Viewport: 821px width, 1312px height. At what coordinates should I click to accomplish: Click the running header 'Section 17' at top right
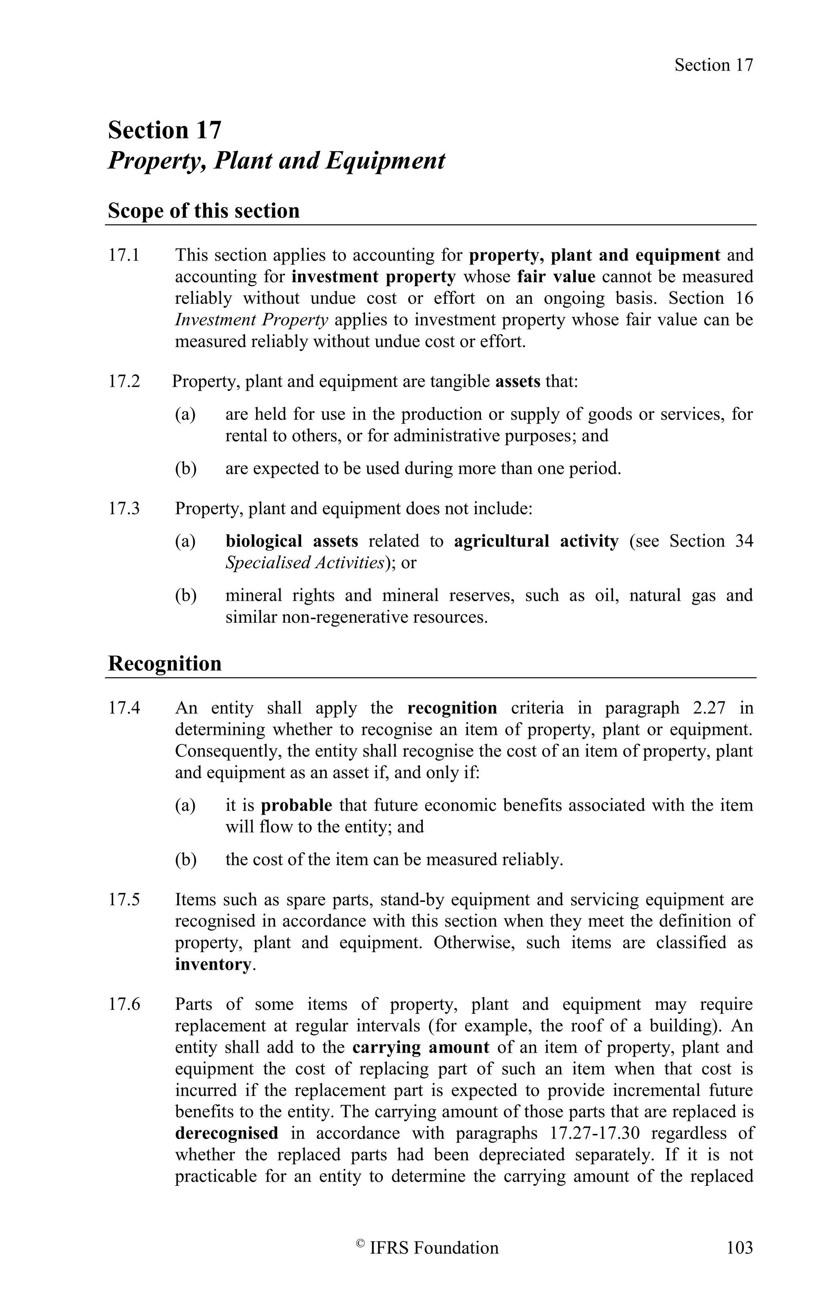coord(714,65)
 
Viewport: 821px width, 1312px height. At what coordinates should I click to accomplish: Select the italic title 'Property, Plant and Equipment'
coord(276,161)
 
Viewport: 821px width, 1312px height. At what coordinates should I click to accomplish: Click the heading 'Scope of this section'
coord(204,211)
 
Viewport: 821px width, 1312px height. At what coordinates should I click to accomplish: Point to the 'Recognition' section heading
coord(164,663)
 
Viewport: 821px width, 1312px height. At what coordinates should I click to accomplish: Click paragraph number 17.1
coord(124,255)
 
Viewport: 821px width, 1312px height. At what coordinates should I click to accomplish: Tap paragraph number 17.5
coord(124,900)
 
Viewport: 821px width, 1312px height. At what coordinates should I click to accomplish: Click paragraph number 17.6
coord(124,1004)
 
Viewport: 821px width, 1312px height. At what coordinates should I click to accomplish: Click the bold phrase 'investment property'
coord(374,277)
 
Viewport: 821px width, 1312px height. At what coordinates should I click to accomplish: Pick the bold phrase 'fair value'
coord(556,277)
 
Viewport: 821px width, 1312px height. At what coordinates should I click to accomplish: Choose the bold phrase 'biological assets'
coord(291,541)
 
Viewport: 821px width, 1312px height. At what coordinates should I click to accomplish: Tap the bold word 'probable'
coord(297,805)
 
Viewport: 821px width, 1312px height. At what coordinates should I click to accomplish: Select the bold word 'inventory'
coord(213,964)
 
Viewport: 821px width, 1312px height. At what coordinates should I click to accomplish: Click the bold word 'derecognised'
coord(226,1133)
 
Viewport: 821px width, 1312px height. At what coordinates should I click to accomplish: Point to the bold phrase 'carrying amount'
coord(421,1047)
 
